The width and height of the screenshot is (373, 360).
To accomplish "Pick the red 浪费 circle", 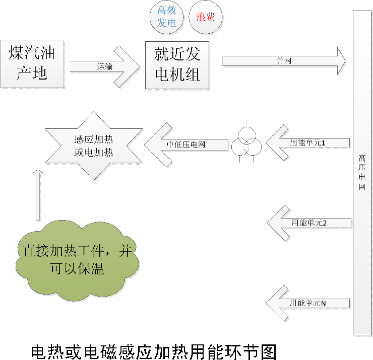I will [205, 17].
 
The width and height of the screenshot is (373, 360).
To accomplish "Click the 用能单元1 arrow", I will [307, 143].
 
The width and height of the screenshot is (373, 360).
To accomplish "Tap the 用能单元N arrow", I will [307, 303].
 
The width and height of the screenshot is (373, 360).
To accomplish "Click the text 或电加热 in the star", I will [94, 153].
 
